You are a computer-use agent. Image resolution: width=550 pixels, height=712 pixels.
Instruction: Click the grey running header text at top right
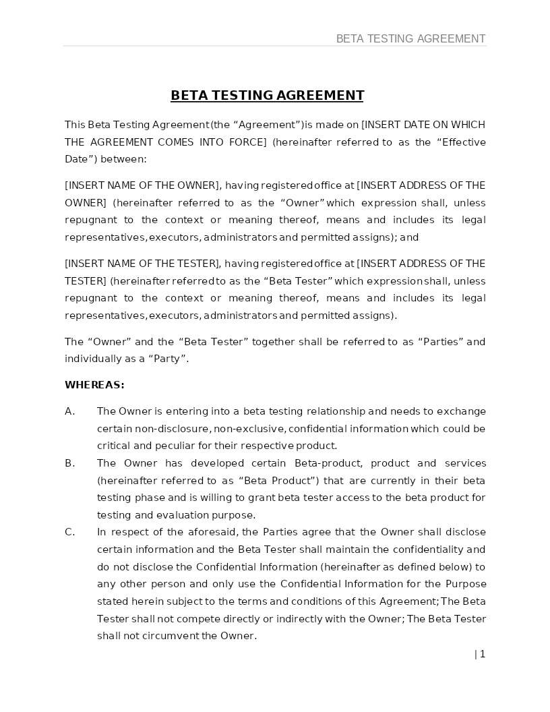click(x=410, y=38)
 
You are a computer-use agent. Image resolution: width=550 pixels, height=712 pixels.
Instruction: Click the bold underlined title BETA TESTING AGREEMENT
click(x=267, y=95)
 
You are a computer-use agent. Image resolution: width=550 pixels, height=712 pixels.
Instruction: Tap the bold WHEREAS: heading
click(x=94, y=385)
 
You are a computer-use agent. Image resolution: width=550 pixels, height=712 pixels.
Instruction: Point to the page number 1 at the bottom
click(x=482, y=654)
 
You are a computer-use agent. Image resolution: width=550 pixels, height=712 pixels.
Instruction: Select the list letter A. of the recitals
click(x=69, y=411)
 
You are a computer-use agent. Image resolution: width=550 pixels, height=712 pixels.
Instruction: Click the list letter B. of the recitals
click(x=69, y=463)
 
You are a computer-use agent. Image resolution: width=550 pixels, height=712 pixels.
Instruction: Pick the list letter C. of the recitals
click(x=69, y=532)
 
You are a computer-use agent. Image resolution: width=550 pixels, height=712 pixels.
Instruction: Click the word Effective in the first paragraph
click(x=461, y=142)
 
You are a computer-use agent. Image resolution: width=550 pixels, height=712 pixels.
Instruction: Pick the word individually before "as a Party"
click(x=92, y=359)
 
